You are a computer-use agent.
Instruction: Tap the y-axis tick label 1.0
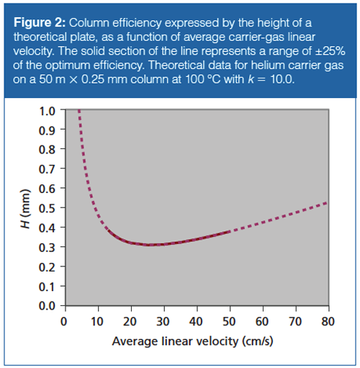47,112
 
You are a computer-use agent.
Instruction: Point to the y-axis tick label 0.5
47,209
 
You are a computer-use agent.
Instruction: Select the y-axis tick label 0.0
47,306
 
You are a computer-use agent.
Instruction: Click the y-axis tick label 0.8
47,151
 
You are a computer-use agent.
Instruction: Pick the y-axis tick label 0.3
47,248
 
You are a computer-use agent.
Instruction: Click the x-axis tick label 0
64,320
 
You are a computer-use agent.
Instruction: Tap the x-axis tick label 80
328,320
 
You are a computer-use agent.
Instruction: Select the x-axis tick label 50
230,320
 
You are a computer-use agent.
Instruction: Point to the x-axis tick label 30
163,320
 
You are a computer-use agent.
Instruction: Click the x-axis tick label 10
97,320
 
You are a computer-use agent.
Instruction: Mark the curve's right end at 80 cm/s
328,203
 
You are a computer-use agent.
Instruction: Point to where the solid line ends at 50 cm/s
229,232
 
